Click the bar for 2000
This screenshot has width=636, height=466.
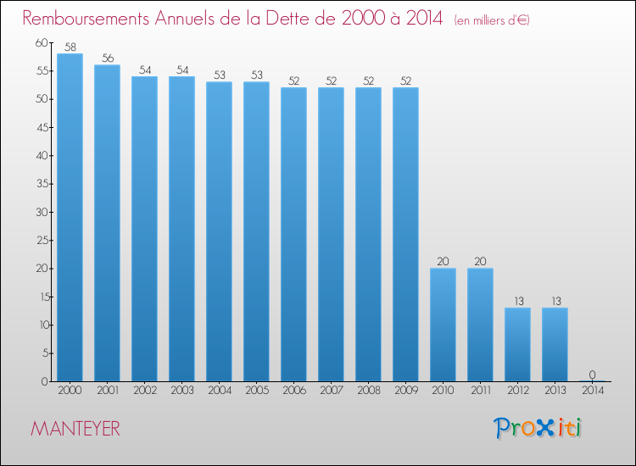tap(70, 218)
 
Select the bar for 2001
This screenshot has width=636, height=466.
tap(107, 224)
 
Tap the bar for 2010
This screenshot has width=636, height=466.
tap(443, 325)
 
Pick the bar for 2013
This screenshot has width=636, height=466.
tap(555, 345)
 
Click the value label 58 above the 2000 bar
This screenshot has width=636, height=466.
tap(70, 47)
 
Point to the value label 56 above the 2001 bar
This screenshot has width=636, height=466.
tap(108, 58)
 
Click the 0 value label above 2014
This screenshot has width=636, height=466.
tap(592, 374)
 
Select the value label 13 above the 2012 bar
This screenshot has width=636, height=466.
tap(519, 301)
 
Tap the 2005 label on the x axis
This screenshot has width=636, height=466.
tap(257, 390)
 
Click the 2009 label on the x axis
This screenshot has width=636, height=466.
tap(406, 390)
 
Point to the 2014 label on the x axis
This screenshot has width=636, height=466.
tap(593, 390)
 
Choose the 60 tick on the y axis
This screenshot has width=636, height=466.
tap(42, 42)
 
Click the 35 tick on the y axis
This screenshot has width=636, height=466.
tap(42, 184)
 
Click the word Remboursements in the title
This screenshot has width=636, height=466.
tap(86, 19)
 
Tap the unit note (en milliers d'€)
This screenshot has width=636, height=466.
tap(492, 20)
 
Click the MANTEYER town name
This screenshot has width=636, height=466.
tap(75, 429)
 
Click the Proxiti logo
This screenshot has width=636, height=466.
tap(538, 428)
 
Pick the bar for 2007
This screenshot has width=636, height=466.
tap(331, 235)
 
